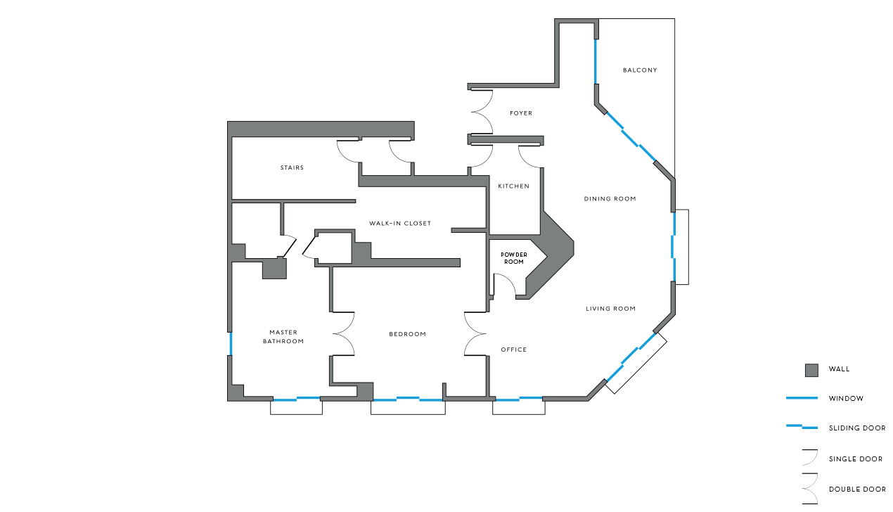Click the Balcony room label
(x=640, y=70)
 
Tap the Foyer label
(x=520, y=113)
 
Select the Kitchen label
(x=513, y=186)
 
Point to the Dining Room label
(x=610, y=199)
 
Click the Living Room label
(x=610, y=309)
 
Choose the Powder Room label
(x=514, y=258)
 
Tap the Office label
(x=513, y=350)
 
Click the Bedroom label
(x=407, y=334)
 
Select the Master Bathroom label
(x=283, y=337)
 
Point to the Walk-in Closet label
(x=400, y=224)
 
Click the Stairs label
(x=292, y=168)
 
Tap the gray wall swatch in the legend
(x=811, y=370)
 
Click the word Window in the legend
(x=846, y=399)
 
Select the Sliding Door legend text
(x=856, y=428)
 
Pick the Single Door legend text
(x=855, y=459)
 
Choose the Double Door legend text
(x=856, y=489)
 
